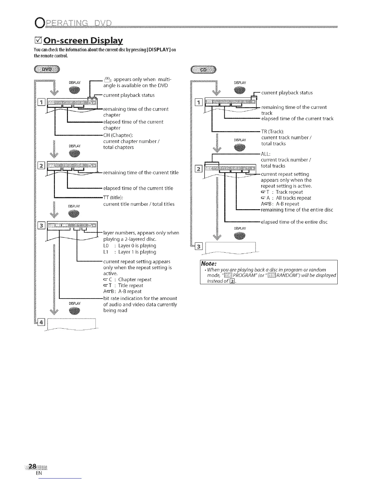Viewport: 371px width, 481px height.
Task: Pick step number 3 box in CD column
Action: tap(199, 246)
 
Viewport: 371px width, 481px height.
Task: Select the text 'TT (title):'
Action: tap(113, 198)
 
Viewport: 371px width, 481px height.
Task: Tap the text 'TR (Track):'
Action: tap(272, 131)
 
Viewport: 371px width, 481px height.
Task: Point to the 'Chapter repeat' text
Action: tap(135, 279)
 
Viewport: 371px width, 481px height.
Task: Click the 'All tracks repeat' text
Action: tap(293, 198)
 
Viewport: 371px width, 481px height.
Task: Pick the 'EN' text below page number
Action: tap(39, 473)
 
